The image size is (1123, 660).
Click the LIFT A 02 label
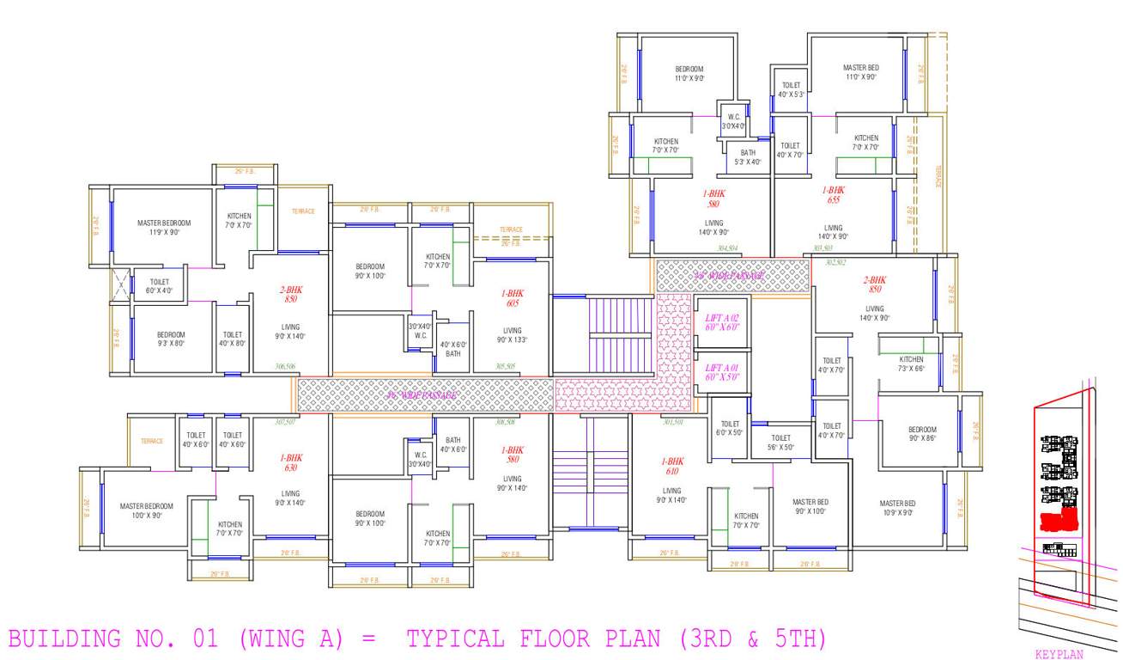pyautogui.click(x=721, y=322)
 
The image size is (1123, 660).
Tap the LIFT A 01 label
pyautogui.click(x=721, y=371)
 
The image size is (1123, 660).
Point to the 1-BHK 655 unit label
pyautogui.click(x=833, y=195)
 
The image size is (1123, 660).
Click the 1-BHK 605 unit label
pyautogui.click(x=512, y=298)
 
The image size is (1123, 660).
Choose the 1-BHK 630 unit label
pyautogui.click(x=290, y=462)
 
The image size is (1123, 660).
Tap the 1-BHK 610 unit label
pyautogui.click(x=672, y=466)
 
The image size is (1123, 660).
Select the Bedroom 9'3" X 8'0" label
pyautogui.click(x=171, y=339)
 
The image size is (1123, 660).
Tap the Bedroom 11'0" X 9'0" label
pyautogui.click(x=689, y=73)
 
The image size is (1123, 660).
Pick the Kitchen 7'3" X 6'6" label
pyautogui.click(x=911, y=364)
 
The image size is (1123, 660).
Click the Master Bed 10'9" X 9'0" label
pyautogui.click(x=897, y=508)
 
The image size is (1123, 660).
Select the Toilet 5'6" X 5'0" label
pyautogui.click(x=780, y=443)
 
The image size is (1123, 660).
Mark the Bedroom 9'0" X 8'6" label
pyautogui.click(x=922, y=434)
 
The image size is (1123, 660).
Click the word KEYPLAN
pyautogui.click(x=1059, y=654)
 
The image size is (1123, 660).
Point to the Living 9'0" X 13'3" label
pyautogui.click(x=512, y=335)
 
